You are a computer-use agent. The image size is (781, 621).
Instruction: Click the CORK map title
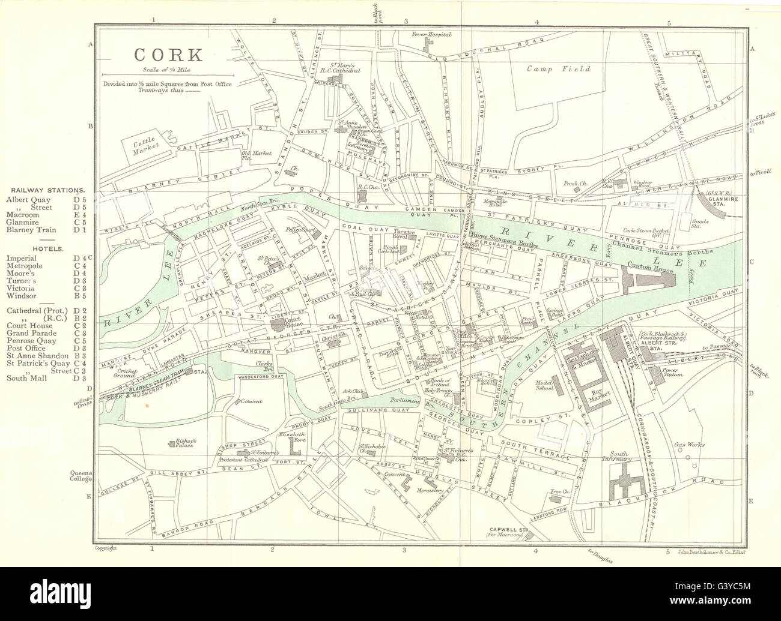coord(168,55)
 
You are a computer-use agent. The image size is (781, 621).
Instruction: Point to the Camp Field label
coord(559,68)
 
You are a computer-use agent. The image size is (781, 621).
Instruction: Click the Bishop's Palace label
coord(186,443)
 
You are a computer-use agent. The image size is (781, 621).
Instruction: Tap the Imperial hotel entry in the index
coord(20,257)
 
